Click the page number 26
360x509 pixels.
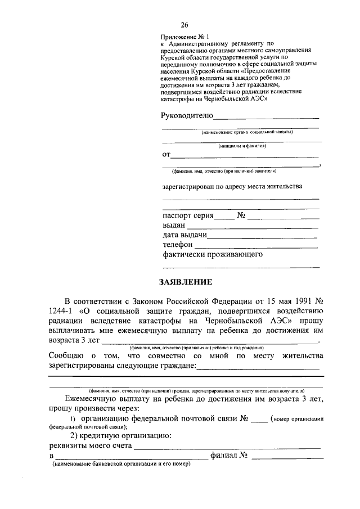(184, 25)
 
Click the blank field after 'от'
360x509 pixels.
(244, 156)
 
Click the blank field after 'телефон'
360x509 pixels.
(256, 246)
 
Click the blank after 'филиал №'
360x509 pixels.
(287, 457)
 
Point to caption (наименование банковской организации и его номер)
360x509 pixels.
(121, 465)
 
